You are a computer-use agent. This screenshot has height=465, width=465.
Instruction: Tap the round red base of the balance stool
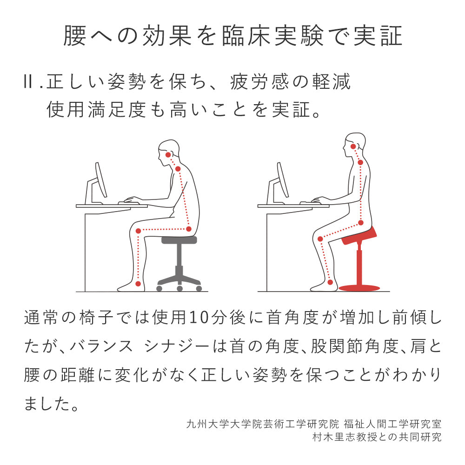(x=359, y=288)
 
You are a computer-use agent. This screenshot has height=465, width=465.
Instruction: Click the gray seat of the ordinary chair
(x=179, y=240)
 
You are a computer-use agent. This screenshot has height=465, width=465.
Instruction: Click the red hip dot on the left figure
(x=189, y=229)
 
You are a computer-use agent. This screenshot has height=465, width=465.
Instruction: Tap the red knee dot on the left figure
(x=138, y=231)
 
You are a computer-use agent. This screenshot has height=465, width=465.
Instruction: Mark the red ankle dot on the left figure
(x=138, y=283)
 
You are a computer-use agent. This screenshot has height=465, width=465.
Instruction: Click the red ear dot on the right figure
(x=353, y=146)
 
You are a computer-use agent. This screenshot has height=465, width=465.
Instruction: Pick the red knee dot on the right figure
(x=320, y=239)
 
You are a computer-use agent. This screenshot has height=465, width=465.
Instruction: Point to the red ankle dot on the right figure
(x=330, y=282)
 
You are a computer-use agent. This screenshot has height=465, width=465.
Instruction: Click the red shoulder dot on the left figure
(x=178, y=169)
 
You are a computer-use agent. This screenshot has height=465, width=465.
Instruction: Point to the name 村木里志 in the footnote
(x=330, y=437)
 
